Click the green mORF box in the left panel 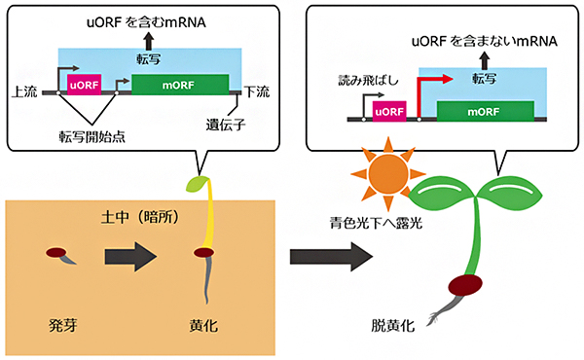click(x=180, y=85)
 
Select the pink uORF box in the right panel click(x=388, y=112)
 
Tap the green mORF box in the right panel click(x=484, y=111)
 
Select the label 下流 click(x=258, y=92)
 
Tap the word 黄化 click(x=204, y=320)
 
